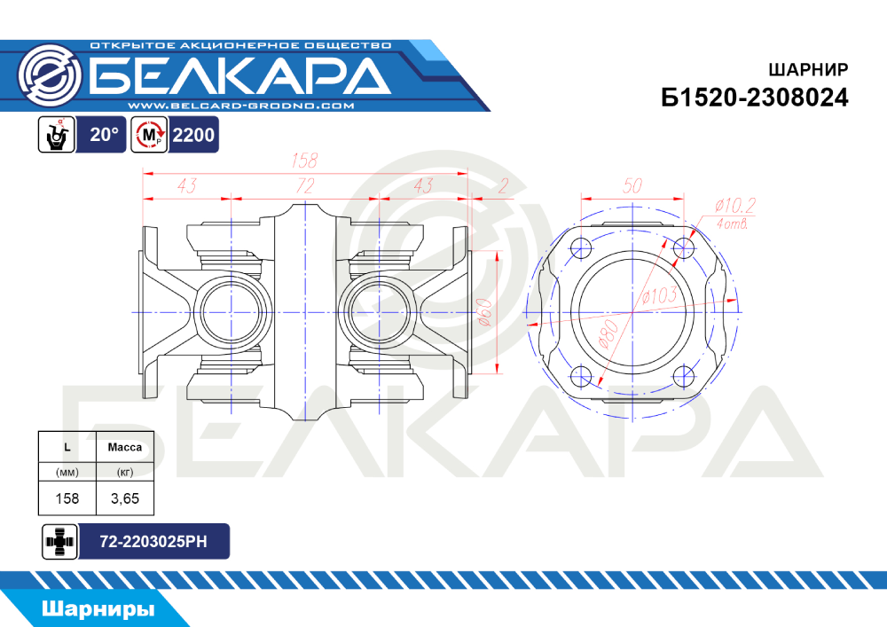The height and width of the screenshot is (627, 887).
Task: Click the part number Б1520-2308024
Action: (755, 98)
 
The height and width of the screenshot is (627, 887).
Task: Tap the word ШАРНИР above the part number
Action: (808, 69)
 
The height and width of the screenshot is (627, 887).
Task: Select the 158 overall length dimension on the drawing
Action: (304, 161)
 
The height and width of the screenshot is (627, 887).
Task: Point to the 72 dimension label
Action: (305, 185)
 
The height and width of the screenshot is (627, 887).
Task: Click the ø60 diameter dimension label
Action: (485, 312)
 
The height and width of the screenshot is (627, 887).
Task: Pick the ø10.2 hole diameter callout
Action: (734, 205)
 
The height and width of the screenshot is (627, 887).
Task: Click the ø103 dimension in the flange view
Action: (660, 295)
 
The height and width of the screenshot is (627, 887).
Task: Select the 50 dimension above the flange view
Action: (632, 185)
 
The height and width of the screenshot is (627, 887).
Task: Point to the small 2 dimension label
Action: (504, 185)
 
